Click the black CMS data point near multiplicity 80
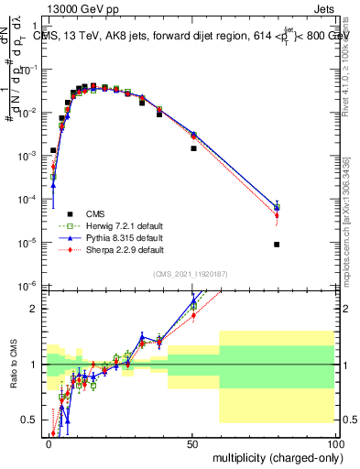277,245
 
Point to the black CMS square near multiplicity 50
193,148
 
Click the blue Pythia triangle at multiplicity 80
277,206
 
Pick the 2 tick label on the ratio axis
36,309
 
